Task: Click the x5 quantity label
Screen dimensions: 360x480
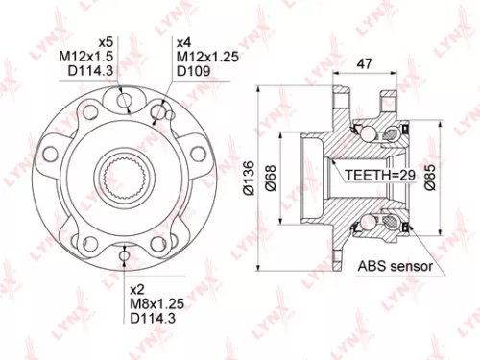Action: click(108, 42)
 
